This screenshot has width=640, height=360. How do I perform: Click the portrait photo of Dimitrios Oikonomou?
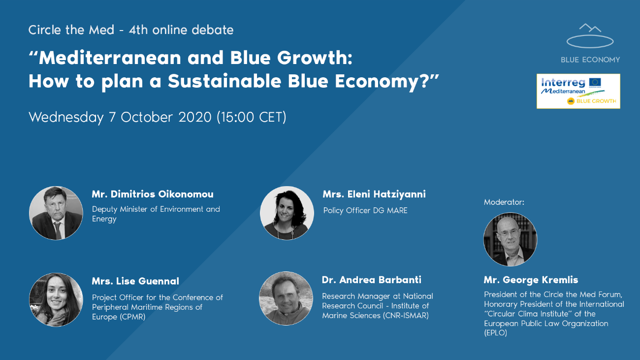pyautogui.click(x=56, y=213)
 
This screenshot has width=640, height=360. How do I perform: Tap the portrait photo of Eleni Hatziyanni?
pyautogui.click(x=287, y=213)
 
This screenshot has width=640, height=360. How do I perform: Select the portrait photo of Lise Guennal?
pyautogui.click(x=56, y=299)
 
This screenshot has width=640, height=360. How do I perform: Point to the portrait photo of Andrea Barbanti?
pyautogui.click(x=286, y=298)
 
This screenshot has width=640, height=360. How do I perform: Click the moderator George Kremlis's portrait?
pyautogui.click(x=510, y=239)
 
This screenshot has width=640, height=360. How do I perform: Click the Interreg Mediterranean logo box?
pyautogui.click(x=578, y=91)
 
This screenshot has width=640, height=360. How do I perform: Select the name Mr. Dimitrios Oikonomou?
pyautogui.click(x=153, y=195)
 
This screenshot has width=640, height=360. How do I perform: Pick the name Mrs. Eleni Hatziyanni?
pyautogui.click(x=374, y=195)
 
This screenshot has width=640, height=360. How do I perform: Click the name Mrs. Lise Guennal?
pyautogui.click(x=135, y=281)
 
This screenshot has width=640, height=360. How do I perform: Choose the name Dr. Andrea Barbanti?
pyautogui.click(x=372, y=280)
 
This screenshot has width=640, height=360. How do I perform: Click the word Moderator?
pyautogui.click(x=504, y=202)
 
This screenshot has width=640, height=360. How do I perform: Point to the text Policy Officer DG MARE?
pyautogui.click(x=365, y=211)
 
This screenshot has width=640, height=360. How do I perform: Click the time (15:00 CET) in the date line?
pyautogui.click(x=251, y=118)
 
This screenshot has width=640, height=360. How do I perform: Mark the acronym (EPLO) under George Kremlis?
pyautogui.click(x=495, y=333)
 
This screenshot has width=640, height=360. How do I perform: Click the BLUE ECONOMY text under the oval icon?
pyautogui.click(x=590, y=60)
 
